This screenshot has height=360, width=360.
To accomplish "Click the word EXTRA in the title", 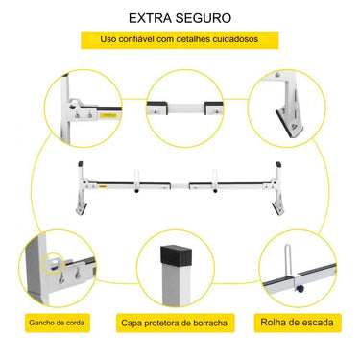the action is tap(150, 18).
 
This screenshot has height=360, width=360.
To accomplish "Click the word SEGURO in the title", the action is tap(204, 18).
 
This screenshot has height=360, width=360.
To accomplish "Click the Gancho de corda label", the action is tap(57, 323).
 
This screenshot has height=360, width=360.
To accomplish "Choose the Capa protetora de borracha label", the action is tap(175, 323).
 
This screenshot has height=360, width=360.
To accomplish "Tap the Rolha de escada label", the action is tap(297, 322).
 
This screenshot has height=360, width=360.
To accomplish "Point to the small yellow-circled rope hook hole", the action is tap(54, 263).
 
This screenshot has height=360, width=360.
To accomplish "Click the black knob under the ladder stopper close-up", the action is tap(300, 289).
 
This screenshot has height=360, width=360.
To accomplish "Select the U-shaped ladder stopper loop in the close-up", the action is tap(288, 260).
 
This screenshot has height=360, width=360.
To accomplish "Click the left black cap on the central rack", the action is tap(81, 164).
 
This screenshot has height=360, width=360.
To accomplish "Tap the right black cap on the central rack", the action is tap(279, 164).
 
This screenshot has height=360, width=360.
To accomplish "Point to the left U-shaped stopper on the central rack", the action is tap(136, 176).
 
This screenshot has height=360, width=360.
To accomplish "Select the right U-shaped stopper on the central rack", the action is tap(215, 176).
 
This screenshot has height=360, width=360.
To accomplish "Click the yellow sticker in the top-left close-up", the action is tap(108, 115).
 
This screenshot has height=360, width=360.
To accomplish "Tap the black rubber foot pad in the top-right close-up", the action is tap(283, 125).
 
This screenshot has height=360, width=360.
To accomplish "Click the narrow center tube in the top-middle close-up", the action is tap(186, 108).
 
